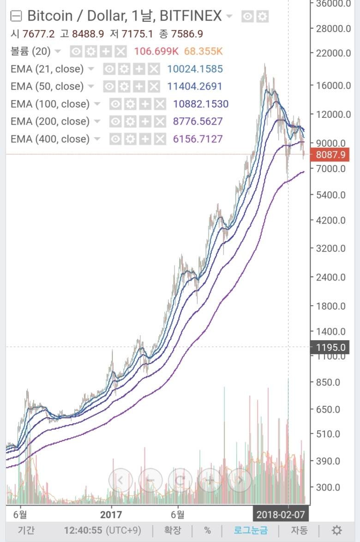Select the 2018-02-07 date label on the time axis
281,514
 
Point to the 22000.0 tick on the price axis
330,53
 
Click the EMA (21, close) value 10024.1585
195,69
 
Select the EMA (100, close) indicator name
50,104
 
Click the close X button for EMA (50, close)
154,86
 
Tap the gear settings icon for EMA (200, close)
131,121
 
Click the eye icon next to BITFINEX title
248,17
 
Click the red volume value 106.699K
155,51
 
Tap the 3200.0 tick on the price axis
330,248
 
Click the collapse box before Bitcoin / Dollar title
17,17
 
